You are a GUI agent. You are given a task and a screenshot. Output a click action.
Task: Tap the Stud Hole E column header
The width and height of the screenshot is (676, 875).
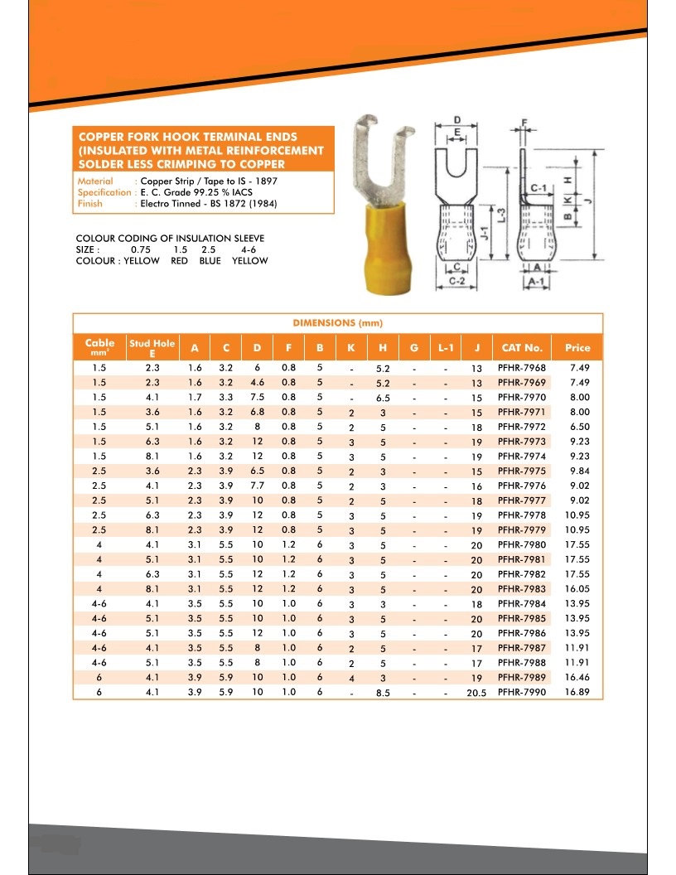pos(152,347)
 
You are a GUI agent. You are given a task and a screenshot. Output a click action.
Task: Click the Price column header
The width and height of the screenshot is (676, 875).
pos(577,348)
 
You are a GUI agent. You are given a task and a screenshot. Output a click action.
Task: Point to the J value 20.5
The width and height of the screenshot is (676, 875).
pos(476,693)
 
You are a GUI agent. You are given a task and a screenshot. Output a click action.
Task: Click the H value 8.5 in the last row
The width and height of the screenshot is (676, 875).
pos(382,693)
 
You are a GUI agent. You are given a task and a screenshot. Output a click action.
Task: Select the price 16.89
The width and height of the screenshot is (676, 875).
pos(577,692)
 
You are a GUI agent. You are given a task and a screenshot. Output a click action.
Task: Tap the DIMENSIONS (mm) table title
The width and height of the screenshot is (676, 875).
pos(337,322)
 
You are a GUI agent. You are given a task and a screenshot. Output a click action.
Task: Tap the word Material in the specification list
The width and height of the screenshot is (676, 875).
pos(95,181)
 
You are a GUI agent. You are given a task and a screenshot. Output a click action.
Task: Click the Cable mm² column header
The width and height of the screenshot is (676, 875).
pos(99,347)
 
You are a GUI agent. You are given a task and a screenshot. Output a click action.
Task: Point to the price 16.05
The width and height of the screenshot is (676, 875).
pos(577,588)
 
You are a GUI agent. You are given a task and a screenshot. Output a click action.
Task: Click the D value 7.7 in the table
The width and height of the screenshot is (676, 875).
pos(257,486)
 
